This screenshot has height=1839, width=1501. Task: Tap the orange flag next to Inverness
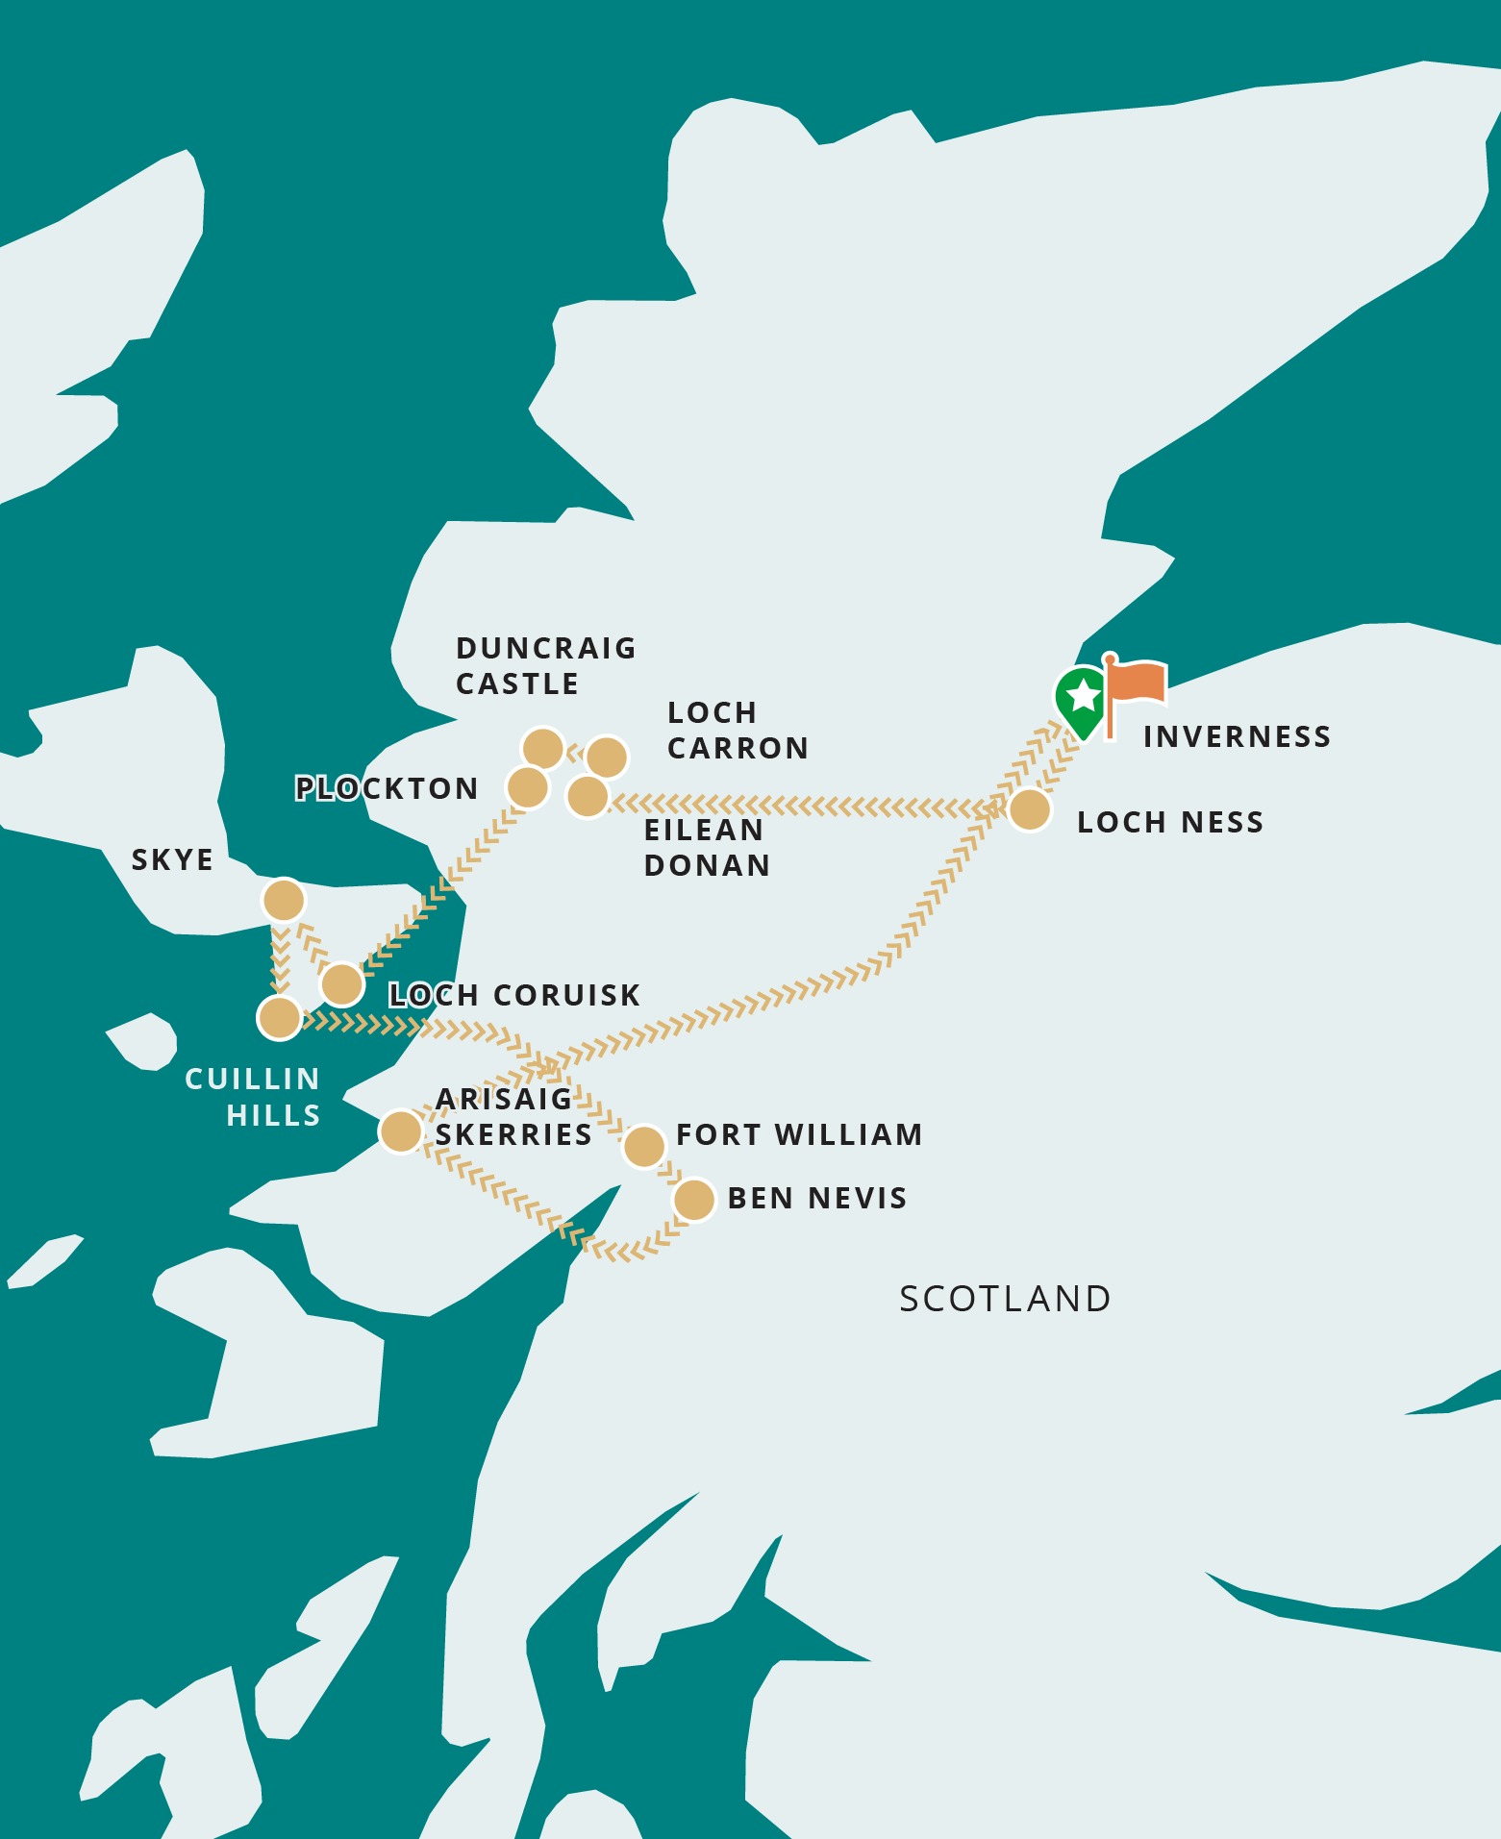(1136, 684)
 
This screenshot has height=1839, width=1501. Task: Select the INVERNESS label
(1237, 736)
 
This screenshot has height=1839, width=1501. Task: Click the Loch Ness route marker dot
(1029, 809)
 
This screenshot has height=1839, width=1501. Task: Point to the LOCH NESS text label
(1169, 822)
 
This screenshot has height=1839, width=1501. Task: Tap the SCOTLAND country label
(1005, 1299)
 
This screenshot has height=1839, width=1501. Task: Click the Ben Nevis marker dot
(694, 1200)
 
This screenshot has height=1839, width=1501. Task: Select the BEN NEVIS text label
(817, 1198)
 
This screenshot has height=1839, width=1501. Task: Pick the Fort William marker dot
(644, 1146)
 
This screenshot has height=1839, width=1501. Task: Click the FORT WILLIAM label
(799, 1134)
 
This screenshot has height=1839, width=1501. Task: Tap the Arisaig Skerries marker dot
(401, 1131)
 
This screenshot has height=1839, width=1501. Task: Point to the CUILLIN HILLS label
(253, 1097)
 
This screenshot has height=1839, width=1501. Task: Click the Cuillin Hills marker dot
(280, 1017)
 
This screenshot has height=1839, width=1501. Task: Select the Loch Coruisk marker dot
(342, 983)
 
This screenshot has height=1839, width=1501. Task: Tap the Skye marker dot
(284, 901)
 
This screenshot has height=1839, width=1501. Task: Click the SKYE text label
(172, 859)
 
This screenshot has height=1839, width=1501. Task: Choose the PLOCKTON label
(387, 788)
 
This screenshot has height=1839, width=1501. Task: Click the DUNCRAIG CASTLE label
(545, 665)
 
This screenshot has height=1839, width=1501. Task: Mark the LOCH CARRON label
(738, 731)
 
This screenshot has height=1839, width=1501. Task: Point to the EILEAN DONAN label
(707, 847)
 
